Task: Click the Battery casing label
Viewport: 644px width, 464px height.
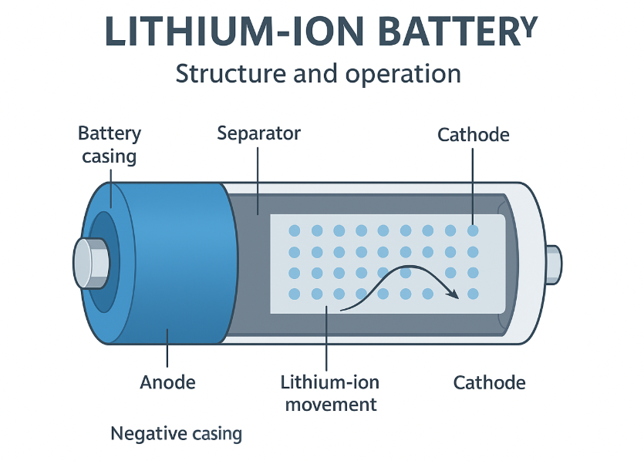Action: pos(110,145)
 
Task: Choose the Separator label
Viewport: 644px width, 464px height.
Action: pos(258,133)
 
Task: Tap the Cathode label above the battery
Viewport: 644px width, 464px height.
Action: pos(473,135)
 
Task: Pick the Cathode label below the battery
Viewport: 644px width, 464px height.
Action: pos(489,382)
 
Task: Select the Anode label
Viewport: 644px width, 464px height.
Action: pos(167,382)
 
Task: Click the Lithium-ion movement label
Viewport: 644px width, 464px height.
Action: pos(330,393)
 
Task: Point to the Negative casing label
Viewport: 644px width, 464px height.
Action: pos(176,434)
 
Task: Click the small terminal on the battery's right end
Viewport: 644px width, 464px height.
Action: pos(554,262)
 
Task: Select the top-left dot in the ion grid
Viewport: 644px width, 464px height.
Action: pos(294,231)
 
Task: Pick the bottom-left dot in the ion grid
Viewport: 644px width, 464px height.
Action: pos(294,294)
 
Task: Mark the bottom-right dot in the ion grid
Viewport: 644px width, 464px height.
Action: pos(473,294)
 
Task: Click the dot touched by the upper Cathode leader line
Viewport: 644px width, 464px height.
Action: pos(473,230)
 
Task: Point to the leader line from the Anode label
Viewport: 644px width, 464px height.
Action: pos(167,347)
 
